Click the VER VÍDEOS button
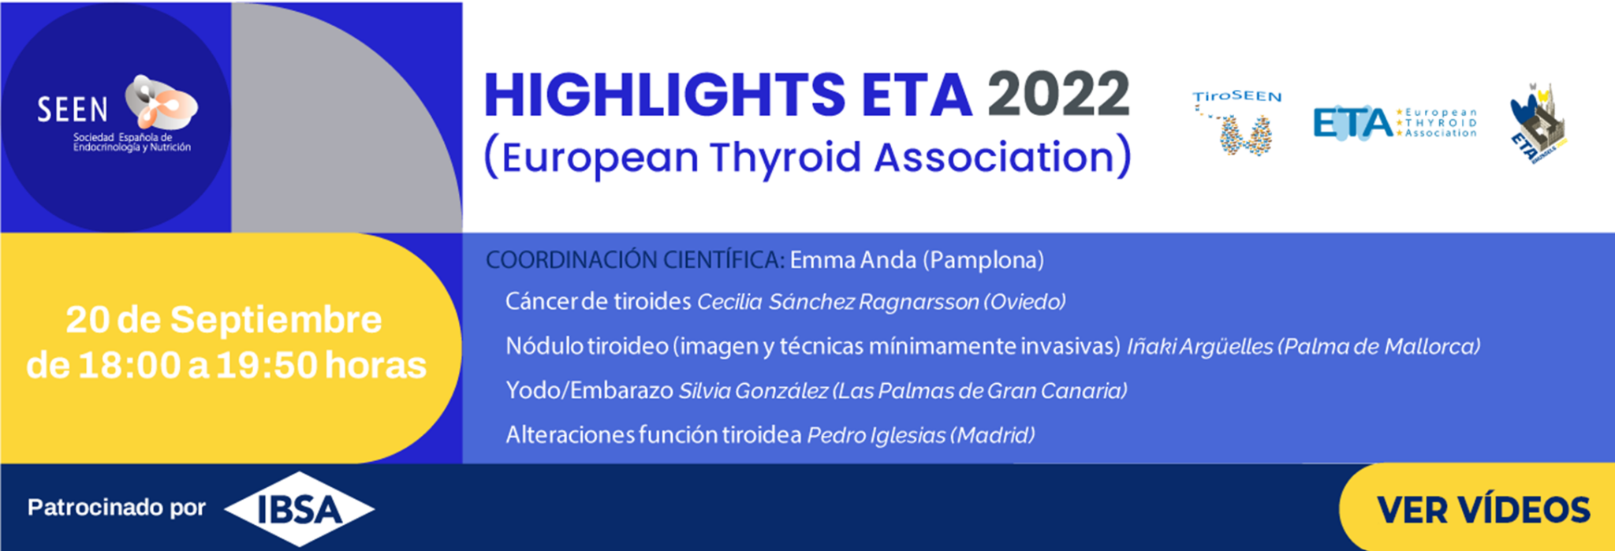click(x=1483, y=510)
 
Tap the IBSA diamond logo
click(x=300, y=510)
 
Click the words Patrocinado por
click(x=117, y=508)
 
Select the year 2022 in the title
click(x=1058, y=95)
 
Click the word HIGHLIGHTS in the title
click(x=664, y=95)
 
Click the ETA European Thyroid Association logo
click(x=1394, y=123)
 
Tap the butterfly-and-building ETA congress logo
click(x=1538, y=122)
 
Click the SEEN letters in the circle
click(x=73, y=110)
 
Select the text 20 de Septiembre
click(x=224, y=320)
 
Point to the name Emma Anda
click(x=852, y=260)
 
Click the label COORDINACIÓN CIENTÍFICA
click(x=635, y=260)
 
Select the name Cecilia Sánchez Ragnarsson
click(x=838, y=302)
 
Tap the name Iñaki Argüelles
click(x=1199, y=346)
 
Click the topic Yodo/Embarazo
click(x=589, y=391)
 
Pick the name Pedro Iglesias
click(x=876, y=435)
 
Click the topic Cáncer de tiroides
click(x=598, y=302)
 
